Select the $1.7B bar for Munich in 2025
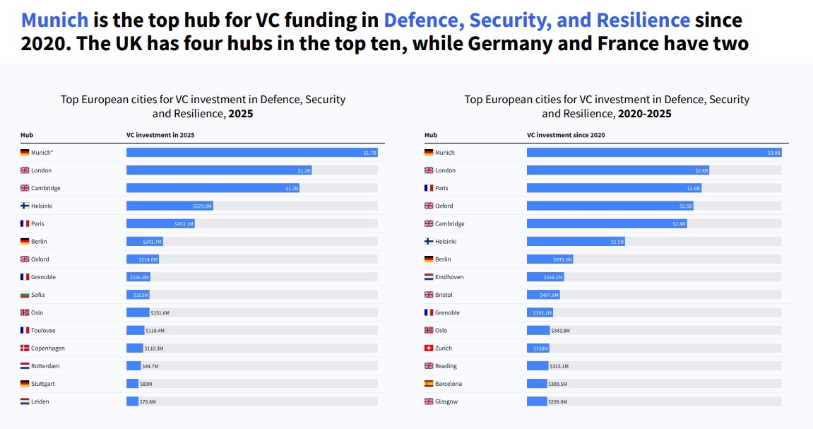(x=252, y=153)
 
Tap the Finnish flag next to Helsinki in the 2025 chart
(x=25, y=206)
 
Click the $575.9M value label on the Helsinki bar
(x=203, y=206)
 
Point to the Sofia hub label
(x=38, y=295)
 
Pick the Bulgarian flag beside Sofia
(x=25, y=295)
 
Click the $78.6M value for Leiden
(x=147, y=401)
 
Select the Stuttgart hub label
(x=42, y=384)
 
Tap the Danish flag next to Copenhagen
(x=25, y=348)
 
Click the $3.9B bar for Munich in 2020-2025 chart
(x=653, y=153)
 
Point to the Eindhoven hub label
(x=449, y=277)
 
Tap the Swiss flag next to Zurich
(x=429, y=348)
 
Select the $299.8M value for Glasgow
(x=558, y=401)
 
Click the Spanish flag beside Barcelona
(x=429, y=384)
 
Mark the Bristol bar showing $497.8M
(x=543, y=295)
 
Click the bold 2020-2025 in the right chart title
(x=644, y=114)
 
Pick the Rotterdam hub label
(x=44, y=366)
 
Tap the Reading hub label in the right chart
(x=446, y=366)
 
